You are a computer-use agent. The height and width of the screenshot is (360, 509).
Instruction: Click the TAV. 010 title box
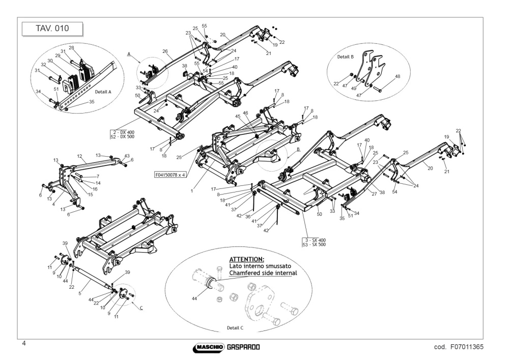pyautogui.click(x=52, y=29)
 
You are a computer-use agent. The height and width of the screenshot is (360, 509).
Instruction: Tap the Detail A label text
pyautogui.click(x=103, y=92)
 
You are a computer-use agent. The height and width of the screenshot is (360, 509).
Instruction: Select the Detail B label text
pyautogui.click(x=345, y=57)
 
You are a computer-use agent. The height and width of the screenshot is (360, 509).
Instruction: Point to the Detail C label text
pyautogui.click(x=235, y=328)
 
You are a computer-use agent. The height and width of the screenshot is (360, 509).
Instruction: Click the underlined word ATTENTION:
pyautogui.click(x=247, y=259)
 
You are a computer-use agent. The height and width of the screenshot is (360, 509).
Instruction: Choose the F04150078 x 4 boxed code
pyautogui.click(x=170, y=175)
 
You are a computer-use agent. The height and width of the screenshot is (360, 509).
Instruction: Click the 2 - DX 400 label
pyautogui.click(x=124, y=132)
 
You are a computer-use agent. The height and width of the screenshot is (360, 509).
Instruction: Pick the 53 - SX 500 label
pyautogui.click(x=314, y=244)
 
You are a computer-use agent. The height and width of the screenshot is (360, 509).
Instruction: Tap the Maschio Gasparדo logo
pyautogui.click(x=227, y=347)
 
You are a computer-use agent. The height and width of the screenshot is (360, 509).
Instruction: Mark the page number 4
pyautogui.click(x=24, y=343)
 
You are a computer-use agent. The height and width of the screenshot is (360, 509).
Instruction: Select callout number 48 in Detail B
pyautogui.click(x=398, y=76)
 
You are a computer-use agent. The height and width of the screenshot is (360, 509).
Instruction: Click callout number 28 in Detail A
pyautogui.click(x=71, y=48)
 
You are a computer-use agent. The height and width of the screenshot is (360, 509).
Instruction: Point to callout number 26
pyautogui.click(x=165, y=51)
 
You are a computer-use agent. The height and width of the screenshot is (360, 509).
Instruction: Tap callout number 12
pyautogui.click(x=80, y=156)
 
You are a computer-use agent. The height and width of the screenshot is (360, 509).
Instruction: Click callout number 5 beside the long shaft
pyautogui.click(x=80, y=293)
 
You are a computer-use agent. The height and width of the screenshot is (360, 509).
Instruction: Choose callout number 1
pyautogui.click(x=192, y=191)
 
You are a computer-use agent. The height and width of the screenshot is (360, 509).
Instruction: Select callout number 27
pyautogui.click(x=374, y=194)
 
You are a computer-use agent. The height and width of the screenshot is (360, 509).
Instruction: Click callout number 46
pyautogui.click(x=245, y=113)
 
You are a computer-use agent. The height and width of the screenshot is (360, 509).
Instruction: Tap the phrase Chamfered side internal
pyautogui.click(x=263, y=273)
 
